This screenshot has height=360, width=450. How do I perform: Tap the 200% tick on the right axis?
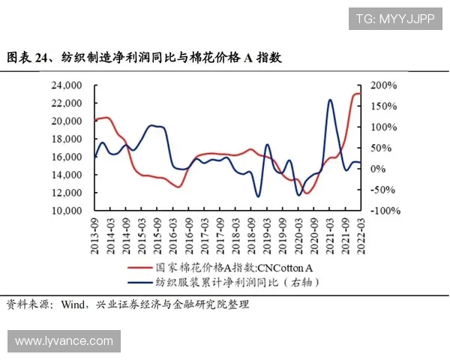coord(379,85)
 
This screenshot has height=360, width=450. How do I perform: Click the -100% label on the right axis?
coord(381,211)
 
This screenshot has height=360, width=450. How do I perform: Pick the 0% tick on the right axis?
coord(374,169)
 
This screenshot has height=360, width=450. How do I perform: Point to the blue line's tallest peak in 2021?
coord(330,100)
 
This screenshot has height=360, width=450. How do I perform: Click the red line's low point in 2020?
coord(305,193)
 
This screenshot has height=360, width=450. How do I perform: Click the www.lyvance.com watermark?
coord(64,341)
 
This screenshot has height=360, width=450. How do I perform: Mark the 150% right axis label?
coord(379,106)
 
